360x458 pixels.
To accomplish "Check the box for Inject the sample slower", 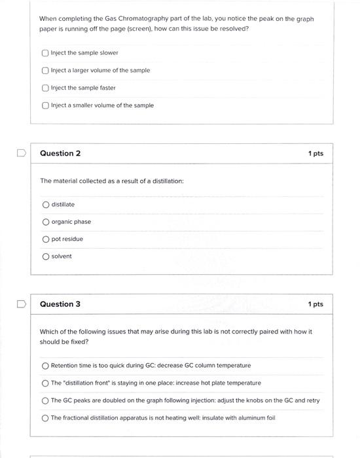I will [45, 53].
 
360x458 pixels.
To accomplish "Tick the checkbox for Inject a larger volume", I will [45, 71].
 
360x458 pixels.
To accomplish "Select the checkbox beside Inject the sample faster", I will [45, 88].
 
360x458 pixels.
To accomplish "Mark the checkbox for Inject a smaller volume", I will [45, 105].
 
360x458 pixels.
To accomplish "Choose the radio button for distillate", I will [46, 205].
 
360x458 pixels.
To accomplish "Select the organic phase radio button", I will [46, 222].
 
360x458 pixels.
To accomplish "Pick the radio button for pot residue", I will [46, 239].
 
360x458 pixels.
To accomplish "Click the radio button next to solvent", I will [46, 256].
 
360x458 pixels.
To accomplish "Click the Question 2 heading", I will [60, 154].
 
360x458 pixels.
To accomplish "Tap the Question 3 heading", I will [60, 304].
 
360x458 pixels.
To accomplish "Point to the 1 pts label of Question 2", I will [315, 154].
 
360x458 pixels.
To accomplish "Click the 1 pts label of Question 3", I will [315, 304].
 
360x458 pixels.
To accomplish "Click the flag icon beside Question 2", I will [21, 154].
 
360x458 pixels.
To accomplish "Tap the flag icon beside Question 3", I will [21, 304].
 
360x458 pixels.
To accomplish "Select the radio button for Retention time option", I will [45, 366].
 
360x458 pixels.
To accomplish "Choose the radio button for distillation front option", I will [45, 383].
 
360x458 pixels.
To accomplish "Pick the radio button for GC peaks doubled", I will [45, 400].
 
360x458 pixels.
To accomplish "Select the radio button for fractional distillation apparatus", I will [45, 418].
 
